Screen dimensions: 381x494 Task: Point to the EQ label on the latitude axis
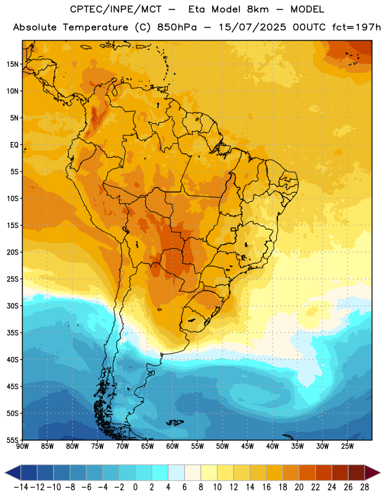14,145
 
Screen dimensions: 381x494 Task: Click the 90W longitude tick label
22,446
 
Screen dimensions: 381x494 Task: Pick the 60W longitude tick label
173,446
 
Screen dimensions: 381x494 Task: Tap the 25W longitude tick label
347,446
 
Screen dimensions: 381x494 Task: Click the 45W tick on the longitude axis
247,446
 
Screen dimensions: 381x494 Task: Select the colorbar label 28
364,487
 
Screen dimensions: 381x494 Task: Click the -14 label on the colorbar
22,487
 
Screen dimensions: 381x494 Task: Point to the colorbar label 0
135,487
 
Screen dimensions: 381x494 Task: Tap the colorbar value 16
266,487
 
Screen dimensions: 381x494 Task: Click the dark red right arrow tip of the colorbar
380,472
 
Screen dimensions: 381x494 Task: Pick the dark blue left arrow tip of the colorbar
6,472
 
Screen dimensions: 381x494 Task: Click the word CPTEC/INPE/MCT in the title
116,9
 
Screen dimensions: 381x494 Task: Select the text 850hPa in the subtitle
177,27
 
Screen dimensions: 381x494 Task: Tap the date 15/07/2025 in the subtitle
252,27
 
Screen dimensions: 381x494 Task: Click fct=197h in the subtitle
356,27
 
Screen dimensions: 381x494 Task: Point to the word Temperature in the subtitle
96,28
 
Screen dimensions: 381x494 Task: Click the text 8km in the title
258,9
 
